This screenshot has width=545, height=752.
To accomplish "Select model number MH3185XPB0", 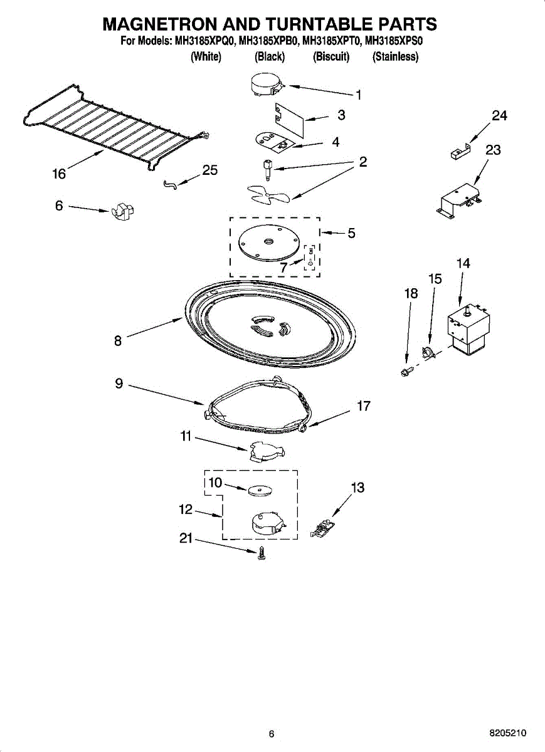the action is (268, 41).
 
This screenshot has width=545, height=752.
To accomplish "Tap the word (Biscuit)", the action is (331, 56).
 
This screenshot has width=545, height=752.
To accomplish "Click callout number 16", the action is (59, 174).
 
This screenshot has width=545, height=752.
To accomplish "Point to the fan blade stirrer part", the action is (268, 194).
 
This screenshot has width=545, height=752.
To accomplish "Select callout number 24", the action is (499, 116).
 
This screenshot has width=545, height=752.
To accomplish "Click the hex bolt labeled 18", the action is (407, 371).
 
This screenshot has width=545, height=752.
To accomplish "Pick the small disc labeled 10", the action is (260, 491).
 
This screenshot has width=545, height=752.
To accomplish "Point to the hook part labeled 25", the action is (171, 184).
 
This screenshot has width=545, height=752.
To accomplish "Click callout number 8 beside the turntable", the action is (118, 341).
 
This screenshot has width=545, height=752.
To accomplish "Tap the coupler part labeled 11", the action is (267, 452).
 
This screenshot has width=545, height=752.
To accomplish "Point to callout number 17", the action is (363, 406).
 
